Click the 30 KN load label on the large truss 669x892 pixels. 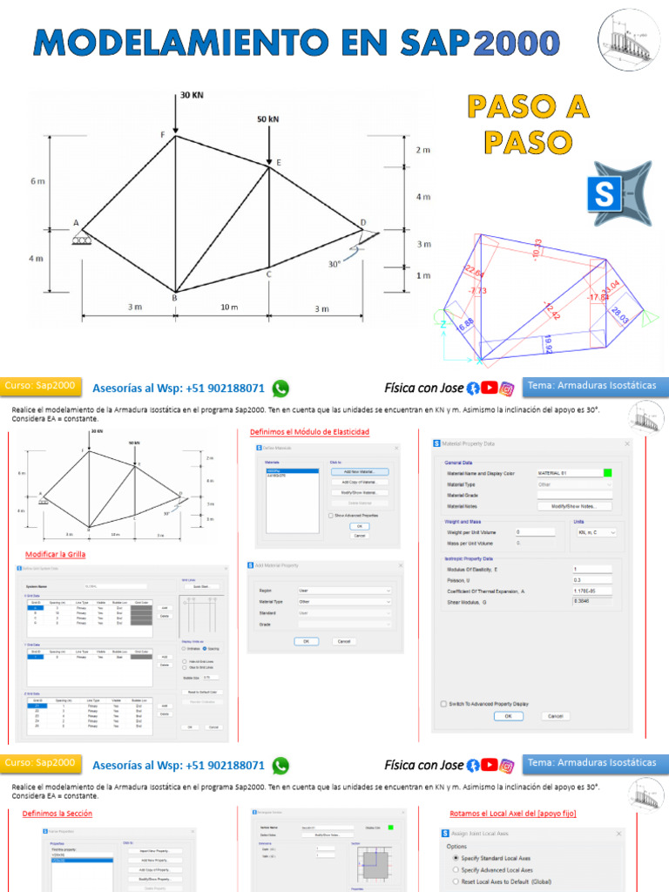(x=192, y=95)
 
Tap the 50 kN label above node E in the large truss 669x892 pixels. (x=268, y=118)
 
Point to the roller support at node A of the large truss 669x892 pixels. (x=83, y=238)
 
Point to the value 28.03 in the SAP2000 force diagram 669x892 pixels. (x=619, y=315)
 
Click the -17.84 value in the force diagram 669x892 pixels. (x=598, y=297)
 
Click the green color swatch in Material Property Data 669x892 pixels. (x=607, y=473)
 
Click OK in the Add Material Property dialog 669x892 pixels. (x=306, y=640)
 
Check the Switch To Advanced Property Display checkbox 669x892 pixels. (x=444, y=703)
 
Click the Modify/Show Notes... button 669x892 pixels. (x=575, y=505)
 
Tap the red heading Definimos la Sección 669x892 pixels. (x=57, y=813)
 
